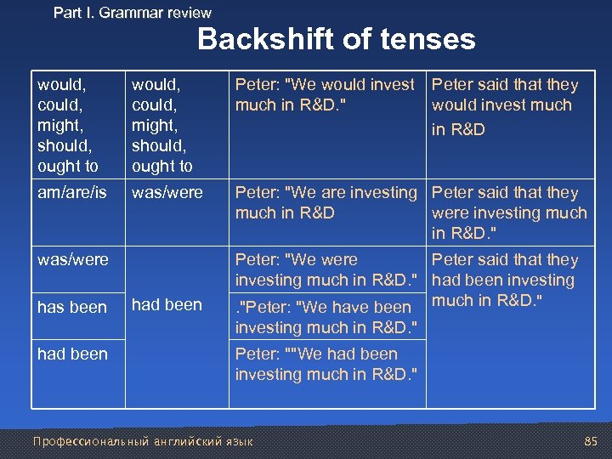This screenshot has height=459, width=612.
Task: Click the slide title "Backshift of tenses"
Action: pyautogui.click(x=337, y=39)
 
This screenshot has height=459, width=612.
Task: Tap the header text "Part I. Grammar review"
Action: pyautogui.click(x=133, y=13)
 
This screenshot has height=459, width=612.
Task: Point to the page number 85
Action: pyautogui.click(x=591, y=442)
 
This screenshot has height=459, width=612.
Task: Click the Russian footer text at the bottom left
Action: pyautogui.click(x=142, y=442)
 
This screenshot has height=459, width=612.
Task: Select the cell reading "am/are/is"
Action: pyautogui.click(x=72, y=193)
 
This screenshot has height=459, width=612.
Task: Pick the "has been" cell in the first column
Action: pyautogui.click(x=72, y=307)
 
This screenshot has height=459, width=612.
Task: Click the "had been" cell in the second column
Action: pyautogui.click(x=167, y=304)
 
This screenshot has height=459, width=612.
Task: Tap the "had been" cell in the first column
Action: pyautogui.click(x=73, y=354)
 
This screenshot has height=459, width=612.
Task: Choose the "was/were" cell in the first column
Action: pyautogui.click(x=73, y=259)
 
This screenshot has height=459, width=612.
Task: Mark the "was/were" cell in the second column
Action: pyautogui.click(x=167, y=193)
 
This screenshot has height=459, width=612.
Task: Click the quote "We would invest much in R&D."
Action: pyautogui.click(x=325, y=95)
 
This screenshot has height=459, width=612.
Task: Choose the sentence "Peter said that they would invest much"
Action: pyautogui.click(x=505, y=95)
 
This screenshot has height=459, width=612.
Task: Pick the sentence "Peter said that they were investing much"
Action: pyautogui.click(x=508, y=203)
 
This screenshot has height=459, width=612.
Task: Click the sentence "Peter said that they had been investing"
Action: pyautogui.click(x=505, y=270)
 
